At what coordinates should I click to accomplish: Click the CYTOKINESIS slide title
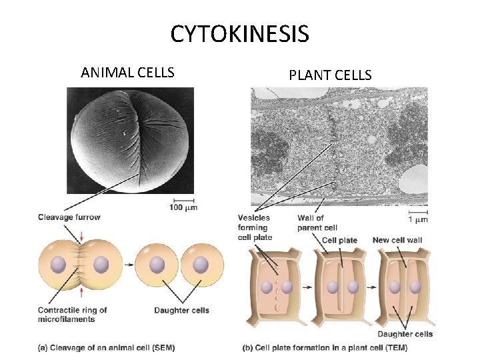[x=239, y=33]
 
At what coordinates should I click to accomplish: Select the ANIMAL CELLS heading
[x=127, y=72]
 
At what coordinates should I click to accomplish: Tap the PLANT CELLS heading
[x=330, y=75]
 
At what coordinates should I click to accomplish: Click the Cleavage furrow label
[x=69, y=217]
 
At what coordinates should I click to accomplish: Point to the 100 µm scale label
[x=183, y=208]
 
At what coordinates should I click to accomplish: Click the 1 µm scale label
[x=417, y=219]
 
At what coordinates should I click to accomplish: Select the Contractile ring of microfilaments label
[x=72, y=314]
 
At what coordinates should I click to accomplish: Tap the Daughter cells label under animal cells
[x=181, y=310]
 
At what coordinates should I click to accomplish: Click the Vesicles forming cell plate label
[x=254, y=227]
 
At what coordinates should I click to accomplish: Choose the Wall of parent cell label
[x=317, y=223]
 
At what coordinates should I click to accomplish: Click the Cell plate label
[x=339, y=240]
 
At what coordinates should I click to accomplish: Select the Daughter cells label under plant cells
[x=405, y=334]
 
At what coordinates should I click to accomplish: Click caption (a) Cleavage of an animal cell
[x=107, y=347]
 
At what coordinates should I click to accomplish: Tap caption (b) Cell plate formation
[x=325, y=347]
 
